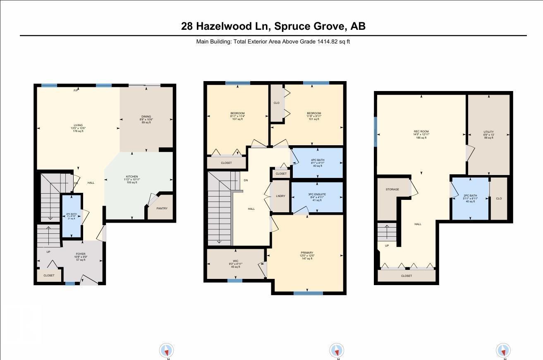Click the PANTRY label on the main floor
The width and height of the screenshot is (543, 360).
point(162,208)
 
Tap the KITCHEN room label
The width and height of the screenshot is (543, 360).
point(132,177)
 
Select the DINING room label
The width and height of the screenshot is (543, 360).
point(146,117)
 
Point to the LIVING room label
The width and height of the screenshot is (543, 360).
point(78,125)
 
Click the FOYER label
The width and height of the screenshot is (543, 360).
point(81,254)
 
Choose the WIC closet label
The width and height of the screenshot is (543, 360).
point(235,261)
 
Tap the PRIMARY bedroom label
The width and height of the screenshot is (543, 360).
point(307,253)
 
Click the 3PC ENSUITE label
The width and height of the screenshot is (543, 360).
point(317,194)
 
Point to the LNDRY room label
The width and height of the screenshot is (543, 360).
point(280,196)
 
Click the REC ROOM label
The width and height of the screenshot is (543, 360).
point(421,132)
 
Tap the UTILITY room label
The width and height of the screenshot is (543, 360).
point(488,132)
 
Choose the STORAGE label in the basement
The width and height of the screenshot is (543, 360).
point(392,190)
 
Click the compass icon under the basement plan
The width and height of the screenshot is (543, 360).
point(503,350)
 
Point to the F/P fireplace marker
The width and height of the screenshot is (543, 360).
point(76,90)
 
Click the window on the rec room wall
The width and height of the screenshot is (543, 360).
point(376,132)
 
